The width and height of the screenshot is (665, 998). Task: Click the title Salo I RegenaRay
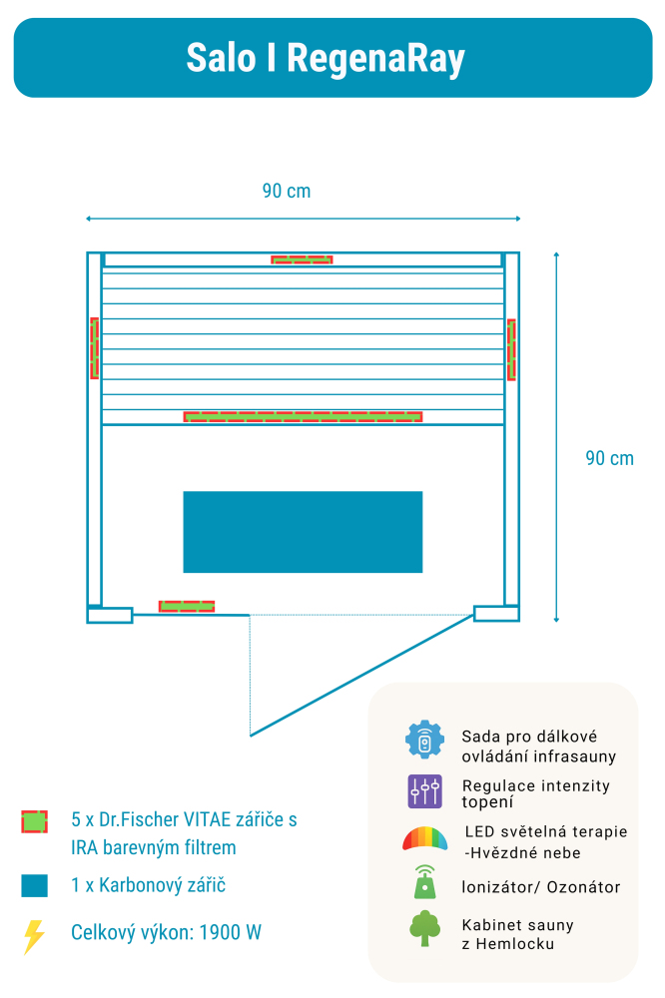pyautogui.click(x=326, y=58)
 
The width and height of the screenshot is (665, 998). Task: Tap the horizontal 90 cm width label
pyautogui.click(x=287, y=191)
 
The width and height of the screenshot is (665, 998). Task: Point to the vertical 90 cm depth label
pyautogui.click(x=609, y=458)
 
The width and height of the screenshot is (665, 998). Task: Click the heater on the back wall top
pyautogui.click(x=302, y=259)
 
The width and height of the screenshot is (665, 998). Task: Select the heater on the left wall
pyautogui.click(x=95, y=347)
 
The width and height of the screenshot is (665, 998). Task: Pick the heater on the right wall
pyautogui.click(x=510, y=349)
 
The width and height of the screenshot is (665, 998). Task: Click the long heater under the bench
pyautogui.click(x=303, y=416)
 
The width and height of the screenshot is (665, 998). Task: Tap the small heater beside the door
pyautogui.click(x=187, y=606)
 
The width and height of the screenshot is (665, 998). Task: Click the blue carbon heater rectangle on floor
pyautogui.click(x=303, y=531)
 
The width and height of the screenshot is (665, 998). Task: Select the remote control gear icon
pyautogui.click(x=424, y=740)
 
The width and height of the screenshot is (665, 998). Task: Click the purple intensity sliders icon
pyautogui.click(x=424, y=791)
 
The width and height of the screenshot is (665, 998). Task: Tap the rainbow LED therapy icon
pyautogui.click(x=424, y=838)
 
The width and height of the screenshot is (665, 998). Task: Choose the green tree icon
pyautogui.click(x=424, y=928)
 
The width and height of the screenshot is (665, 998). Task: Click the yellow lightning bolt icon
pyautogui.click(x=34, y=936)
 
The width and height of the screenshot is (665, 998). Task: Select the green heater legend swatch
pyautogui.click(x=35, y=822)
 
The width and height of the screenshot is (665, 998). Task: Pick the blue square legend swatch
pyautogui.click(x=35, y=885)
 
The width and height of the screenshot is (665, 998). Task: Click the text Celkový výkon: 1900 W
pyautogui.click(x=166, y=933)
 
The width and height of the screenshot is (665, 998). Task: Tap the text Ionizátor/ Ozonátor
pyautogui.click(x=540, y=887)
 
